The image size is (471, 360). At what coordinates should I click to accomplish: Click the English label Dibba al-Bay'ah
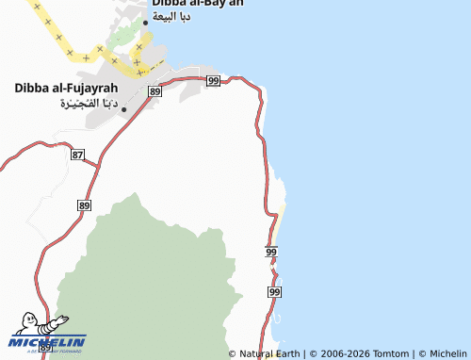pos(197,4)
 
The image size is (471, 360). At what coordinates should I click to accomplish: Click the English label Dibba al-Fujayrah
pos(66,88)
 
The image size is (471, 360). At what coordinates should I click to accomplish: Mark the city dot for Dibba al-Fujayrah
pos(123,109)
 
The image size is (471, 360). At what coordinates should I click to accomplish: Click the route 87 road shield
pos(78,154)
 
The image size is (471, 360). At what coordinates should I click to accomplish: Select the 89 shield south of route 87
pos(85,205)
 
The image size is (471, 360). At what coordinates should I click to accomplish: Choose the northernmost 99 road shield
pos(213,81)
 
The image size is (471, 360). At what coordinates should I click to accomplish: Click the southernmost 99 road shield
pos(274,293)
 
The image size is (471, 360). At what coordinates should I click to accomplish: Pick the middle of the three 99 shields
pos(271,253)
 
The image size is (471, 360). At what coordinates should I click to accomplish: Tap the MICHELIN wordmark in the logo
pos(47,341)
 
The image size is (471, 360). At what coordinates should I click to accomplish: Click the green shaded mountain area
pos(160,273)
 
